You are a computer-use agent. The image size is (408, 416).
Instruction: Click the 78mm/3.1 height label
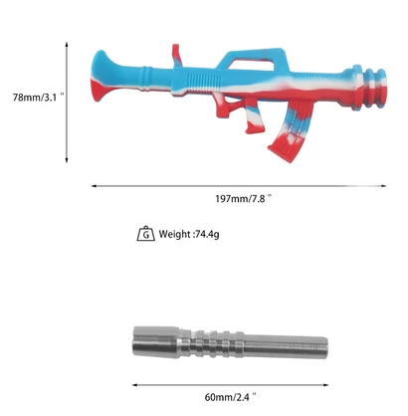click(32, 98)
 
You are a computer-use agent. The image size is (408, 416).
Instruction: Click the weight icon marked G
click(145, 234)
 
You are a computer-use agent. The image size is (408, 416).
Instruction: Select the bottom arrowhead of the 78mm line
click(69, 161)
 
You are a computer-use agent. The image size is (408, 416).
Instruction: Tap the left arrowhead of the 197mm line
click(95, 183)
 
